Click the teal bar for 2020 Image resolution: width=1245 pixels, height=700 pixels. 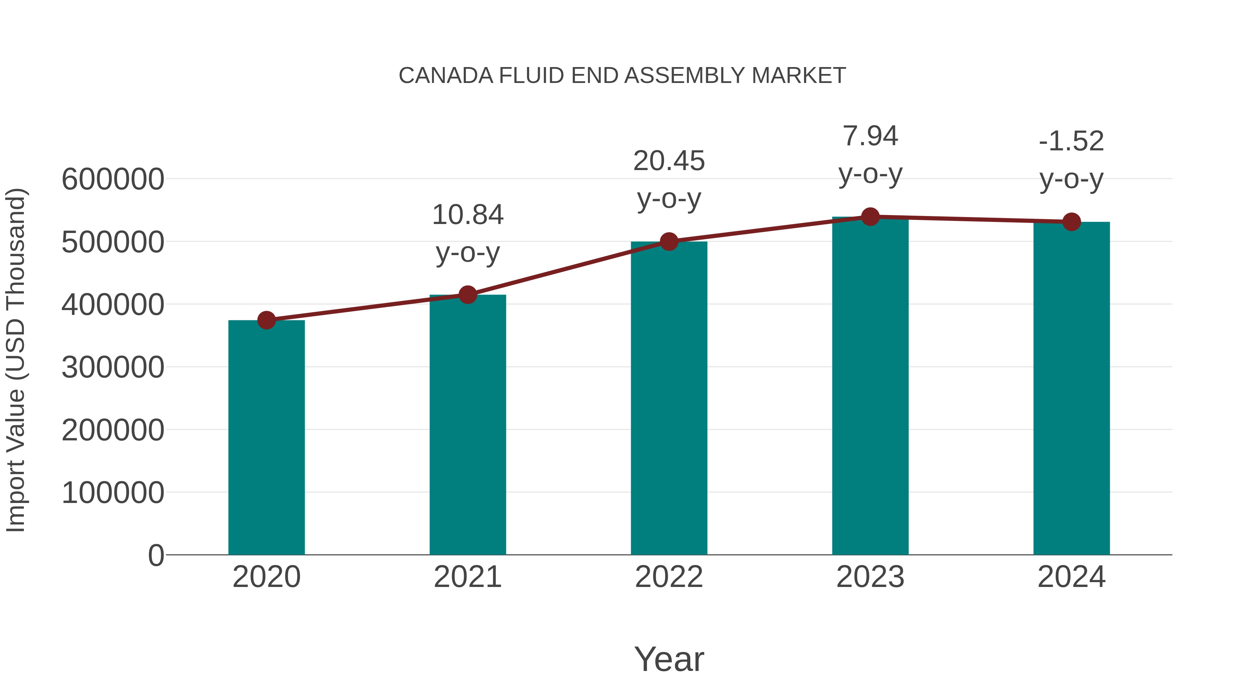point(266,437)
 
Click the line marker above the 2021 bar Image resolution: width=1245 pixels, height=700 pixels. point(467,294)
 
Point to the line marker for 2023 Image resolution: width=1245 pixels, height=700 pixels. point(870,217)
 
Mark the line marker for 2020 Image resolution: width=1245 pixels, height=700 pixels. point(266,320)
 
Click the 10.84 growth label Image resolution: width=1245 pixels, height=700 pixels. point(467,215)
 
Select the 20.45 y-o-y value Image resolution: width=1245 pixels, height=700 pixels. point(669,161)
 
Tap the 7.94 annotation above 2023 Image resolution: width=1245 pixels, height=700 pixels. point(870,136)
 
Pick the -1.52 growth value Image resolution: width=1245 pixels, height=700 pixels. point(1071,141)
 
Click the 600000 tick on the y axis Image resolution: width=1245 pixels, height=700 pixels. point(113,179)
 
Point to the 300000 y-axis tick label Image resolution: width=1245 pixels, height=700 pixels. point(113,367)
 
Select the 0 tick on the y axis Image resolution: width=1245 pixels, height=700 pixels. point(156,555)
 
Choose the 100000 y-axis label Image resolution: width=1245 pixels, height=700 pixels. point(113,493)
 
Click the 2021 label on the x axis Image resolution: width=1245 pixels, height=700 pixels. point(467,577)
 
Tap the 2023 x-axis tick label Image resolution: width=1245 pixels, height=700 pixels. point(870,577)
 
